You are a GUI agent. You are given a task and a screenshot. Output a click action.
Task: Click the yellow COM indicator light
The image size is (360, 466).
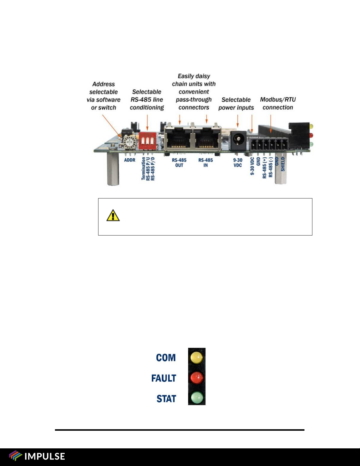pyautogui.click(x=197, y=357)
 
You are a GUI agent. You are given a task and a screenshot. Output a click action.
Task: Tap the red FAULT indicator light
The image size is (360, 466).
pyautogui.click(x=197, y=378)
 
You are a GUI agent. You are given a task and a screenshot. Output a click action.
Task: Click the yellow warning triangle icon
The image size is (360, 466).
pyautogui.click(x=113, y=216)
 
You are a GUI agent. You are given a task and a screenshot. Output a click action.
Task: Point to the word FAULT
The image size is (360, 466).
pyautogui.click(x=164, y=378)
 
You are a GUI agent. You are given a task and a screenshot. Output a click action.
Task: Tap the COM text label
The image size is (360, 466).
pyautogui.click(x=166, y=358)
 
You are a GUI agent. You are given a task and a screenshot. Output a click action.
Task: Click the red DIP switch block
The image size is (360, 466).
pyautogui.click(x=147, y=141)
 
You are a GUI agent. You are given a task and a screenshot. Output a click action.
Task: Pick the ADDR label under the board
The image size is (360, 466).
pyautogui.click(x=130, y=160)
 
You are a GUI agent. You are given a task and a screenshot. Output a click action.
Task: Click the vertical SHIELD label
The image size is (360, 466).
pyautogui.click(x=283, y=164)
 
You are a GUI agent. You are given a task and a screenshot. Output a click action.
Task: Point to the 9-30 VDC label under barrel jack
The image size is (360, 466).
pyautogui.click(x=238, y=163)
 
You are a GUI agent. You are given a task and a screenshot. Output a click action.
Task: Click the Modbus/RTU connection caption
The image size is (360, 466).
pyautogui.click(x=278, y=103)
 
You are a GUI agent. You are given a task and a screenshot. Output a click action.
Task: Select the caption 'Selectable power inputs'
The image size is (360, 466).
pyautogui.click(x=236, y=103)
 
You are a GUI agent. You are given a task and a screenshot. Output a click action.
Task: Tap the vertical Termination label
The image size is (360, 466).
pyautogui.click(x=143, y=168)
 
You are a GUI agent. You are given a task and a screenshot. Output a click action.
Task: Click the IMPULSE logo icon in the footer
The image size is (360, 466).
pyautogui.click(x=15, y=456)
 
